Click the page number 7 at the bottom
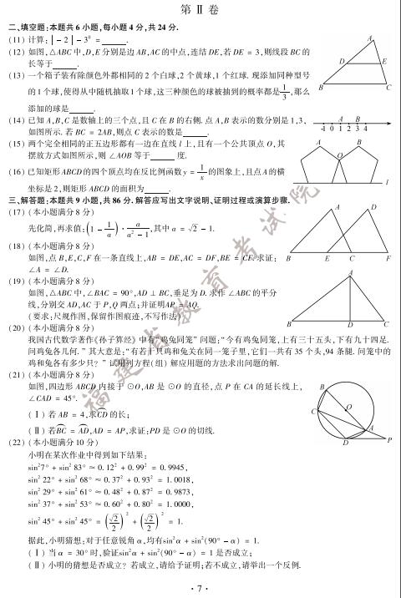(200, 587)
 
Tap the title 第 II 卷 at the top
(200, 8)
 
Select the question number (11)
(17, 39)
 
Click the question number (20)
(17, 328)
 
